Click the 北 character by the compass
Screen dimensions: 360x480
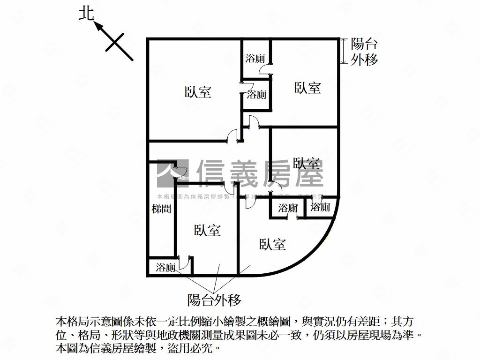86,15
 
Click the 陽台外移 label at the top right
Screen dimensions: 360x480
364,52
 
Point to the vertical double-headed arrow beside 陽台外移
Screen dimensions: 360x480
345,51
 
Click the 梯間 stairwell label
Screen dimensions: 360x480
161,209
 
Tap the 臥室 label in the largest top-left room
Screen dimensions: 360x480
198,92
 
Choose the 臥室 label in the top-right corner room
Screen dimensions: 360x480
307,88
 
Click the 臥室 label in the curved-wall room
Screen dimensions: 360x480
272,244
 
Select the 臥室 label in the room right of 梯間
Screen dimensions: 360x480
207,230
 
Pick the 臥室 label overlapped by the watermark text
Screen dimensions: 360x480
307,164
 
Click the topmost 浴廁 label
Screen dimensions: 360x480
255,59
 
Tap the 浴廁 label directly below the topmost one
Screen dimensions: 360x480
256,95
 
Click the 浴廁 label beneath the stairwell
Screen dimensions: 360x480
165,268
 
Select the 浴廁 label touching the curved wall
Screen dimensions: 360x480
321,207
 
